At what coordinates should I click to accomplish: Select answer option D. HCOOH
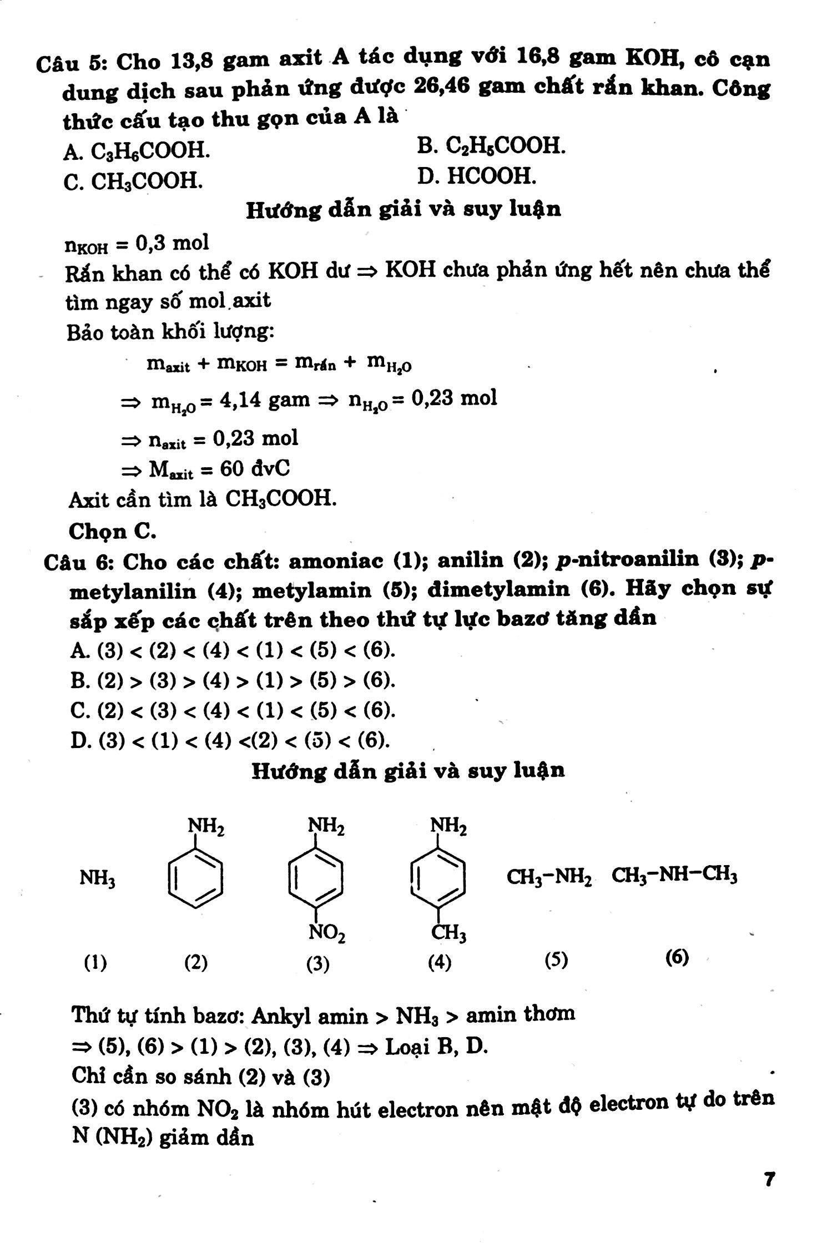477,176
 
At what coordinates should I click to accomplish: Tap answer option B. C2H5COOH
491,146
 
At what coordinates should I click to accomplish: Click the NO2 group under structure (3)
327,933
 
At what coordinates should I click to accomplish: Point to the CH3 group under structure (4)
449,933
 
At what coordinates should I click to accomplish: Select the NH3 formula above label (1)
97,878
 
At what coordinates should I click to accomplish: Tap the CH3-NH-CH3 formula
674,876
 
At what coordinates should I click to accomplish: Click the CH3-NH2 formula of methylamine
548,877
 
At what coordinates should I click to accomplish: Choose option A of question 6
233,650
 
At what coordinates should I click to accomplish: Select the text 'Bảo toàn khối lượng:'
170,332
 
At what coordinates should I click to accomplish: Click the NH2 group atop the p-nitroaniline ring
327,828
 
